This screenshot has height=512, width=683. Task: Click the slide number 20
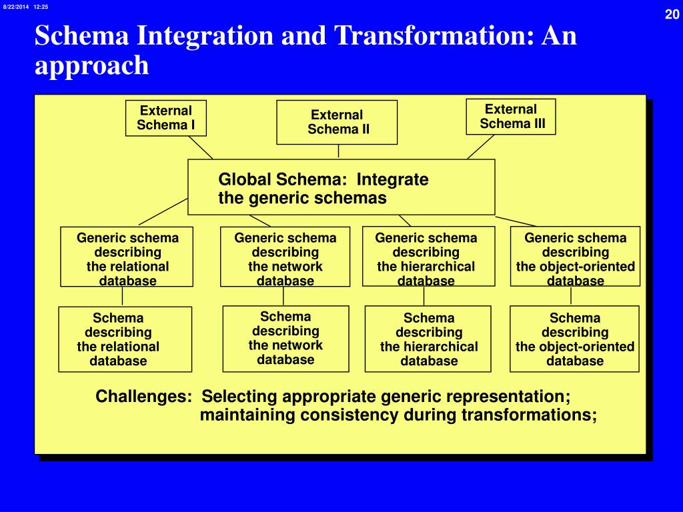pyautogui.click(x=671, y=15)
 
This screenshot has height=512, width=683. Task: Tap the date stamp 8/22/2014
pyautogui.click(x=15, y=7)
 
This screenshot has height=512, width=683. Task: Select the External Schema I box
pyautogui.click(x=166, y=118)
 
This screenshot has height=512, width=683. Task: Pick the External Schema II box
pyautogui.click(x=337, y=122)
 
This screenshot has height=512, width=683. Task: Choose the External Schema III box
pyautogui.click(x=511, y=117)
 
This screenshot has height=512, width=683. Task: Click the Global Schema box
pyautogui.click(x=341, y=187)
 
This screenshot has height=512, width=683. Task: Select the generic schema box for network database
pyautogui.click(x=285, y=257)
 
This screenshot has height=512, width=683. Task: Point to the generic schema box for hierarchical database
pyautogui.click(x=428, y=257)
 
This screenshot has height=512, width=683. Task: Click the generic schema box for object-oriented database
pyautogui.click(x=575, y=257)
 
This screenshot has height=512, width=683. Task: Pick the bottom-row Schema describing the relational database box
pyautogui.click(x=125, y=339)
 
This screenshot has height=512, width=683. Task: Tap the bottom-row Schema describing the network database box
pyautogui.click(x=285, y=338)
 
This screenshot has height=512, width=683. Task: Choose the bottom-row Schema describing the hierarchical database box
pyautogui.click(x=428, y=339)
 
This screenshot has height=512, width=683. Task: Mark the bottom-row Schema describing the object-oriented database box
pyautogui.click(x=574, y=339)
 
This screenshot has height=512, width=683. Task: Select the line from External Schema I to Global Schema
pyautogui.click(x=201, y=147)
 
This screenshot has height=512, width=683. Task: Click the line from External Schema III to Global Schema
pyautogui.click(x=480, y=147)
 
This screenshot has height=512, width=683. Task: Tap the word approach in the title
pyautogui.click(x=92, y=65)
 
